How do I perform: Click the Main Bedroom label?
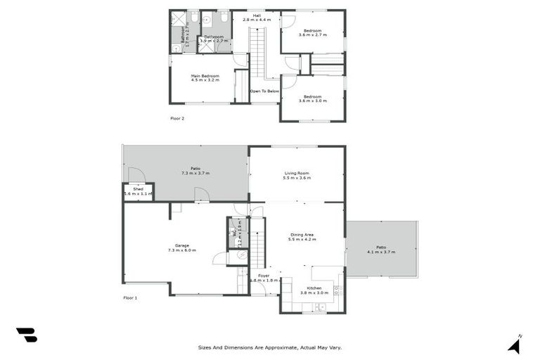pyautogui.click(x=205, y=76)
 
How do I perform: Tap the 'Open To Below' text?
pyautogui.click(x=264, y=91)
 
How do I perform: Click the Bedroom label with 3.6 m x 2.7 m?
pyautogui.click(x=312, y=31)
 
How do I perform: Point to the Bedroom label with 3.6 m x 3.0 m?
pyautogui.click(x=312, y=96)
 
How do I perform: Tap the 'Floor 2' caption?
pyautogui.click(x=177, y=118)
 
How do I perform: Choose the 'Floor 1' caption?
pyautogui.click(x=130, y=298)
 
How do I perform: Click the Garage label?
pyautogui.click(x=182, y=245)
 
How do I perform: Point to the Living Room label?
pyautogui.click(x=297, y=173)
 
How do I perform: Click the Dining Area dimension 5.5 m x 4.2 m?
pyautogui.click(x=303, y=240)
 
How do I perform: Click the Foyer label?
pyautogui.click(x=264, y=276)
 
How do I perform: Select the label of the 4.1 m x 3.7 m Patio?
pyautogui.click(x=381, y=247)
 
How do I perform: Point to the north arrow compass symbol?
pyautogui.click(x=515, y=345)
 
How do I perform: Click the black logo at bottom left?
pyautogui.click(x=26, y=335)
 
